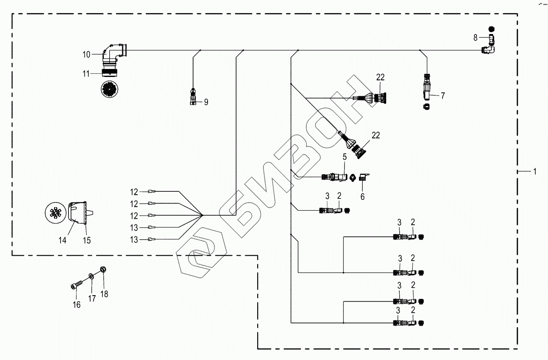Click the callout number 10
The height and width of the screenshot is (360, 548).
click(86, 54)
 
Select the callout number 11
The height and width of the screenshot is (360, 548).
click(86, 74)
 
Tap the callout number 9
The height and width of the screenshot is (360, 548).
click(206, 102)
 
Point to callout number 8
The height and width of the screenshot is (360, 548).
click(475, 37)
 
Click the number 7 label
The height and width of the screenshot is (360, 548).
click(443, 96)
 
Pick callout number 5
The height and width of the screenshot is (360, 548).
click(344, 157)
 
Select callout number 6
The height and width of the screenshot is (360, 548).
click(362, 196)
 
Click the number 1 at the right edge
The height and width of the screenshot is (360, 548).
click(535, 171)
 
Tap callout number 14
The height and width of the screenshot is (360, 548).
click(62, 241)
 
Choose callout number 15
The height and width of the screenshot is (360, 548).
click(87, 241)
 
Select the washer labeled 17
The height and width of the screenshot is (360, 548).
click(91, 277)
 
